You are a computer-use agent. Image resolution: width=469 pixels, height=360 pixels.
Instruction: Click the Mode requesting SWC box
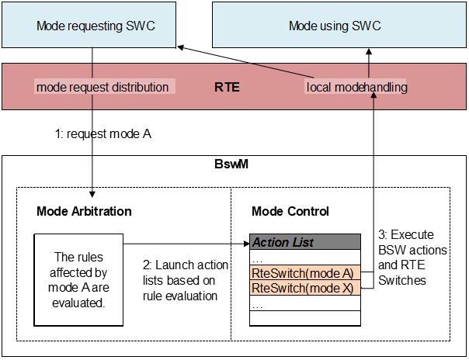[x=95, y=26]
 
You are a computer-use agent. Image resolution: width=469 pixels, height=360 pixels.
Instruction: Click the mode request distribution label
[x=102, y=87]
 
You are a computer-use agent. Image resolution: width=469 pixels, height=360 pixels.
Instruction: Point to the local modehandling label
[x=356, y=87]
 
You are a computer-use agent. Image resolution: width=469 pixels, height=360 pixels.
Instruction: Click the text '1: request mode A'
[x=102, y=133]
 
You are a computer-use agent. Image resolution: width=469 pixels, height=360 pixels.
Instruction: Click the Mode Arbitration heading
[x=84, y=211]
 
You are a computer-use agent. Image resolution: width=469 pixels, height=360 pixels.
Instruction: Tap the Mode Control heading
[x=290, y=211]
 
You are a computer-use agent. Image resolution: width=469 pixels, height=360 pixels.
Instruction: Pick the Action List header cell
[x=304, y=242]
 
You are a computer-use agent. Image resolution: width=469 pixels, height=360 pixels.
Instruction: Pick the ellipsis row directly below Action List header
[x=304, y=258]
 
